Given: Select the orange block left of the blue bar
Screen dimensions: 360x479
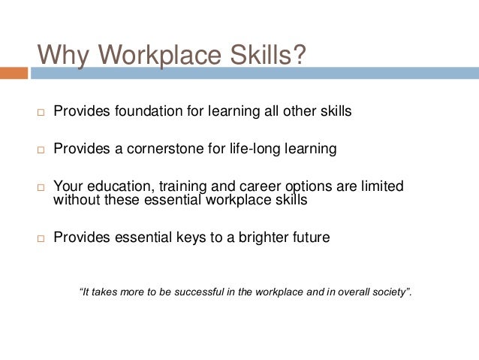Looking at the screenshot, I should coord(14,73).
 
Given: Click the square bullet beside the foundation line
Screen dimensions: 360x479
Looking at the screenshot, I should coord(42,113).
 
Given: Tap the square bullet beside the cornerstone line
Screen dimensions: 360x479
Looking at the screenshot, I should coord(42,150).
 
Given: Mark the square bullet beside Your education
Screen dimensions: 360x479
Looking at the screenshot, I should coord(42,186).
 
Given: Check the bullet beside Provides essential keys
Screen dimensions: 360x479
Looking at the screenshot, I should coord(42,239).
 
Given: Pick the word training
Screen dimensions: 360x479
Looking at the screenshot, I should coord(176,185).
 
